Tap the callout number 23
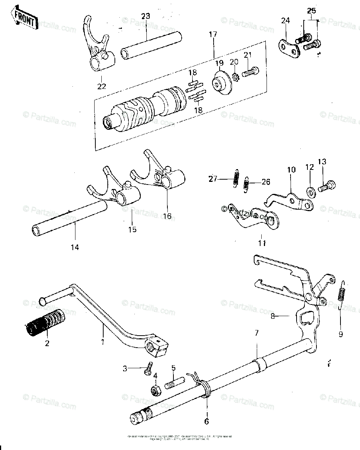coord(145,16)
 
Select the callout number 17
coord(213,34)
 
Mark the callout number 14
coord(75,247)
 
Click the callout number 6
coord(206,421)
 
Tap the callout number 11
coord(262,243)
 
